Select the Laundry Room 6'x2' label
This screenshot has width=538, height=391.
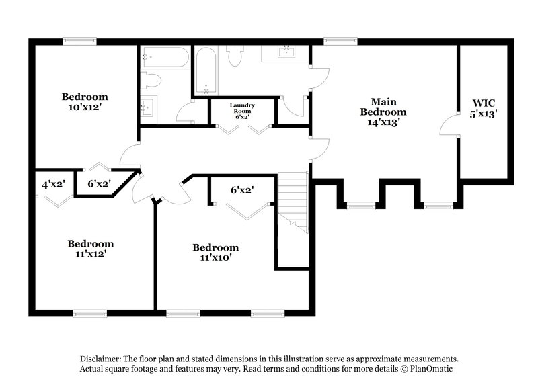click(x=242, y=111)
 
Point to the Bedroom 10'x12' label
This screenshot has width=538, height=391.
click(x=85, y=101)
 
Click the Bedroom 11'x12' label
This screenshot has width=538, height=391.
click(x=90, y=249)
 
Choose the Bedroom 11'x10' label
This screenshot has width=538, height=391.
click(x=215, y=252)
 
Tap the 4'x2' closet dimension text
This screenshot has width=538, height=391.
click(x=52, y=183)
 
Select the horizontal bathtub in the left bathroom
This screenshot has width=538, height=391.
click(x=165, y=57)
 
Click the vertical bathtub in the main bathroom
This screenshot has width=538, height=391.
click(x=205, y=71)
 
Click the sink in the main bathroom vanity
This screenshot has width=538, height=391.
click(x=286, y=52)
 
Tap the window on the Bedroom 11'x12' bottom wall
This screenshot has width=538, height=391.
click(x=90, y=313)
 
